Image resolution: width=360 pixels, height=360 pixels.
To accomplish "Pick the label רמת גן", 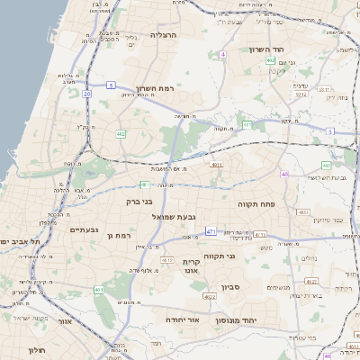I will click(x=118, y=235).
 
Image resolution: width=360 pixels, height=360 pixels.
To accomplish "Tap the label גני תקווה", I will click(x=219, y=256).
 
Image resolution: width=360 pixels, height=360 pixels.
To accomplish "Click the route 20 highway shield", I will click(x=87, y=93).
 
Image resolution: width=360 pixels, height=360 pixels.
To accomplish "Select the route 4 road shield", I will click(x=221, y=54).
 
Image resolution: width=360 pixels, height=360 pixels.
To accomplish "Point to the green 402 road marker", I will click(x=121, y=133).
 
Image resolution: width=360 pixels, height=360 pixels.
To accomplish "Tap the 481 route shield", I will click(x=246, y=124).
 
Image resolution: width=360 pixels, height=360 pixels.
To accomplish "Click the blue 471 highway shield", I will click(x=210, y=231).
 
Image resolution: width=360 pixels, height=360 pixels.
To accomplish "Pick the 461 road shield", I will click(x=98, y=290).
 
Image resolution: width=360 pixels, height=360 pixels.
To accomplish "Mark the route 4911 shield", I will click(x=216, y=166).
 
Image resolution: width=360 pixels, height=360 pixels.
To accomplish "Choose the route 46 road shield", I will click(x=284, y=174).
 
